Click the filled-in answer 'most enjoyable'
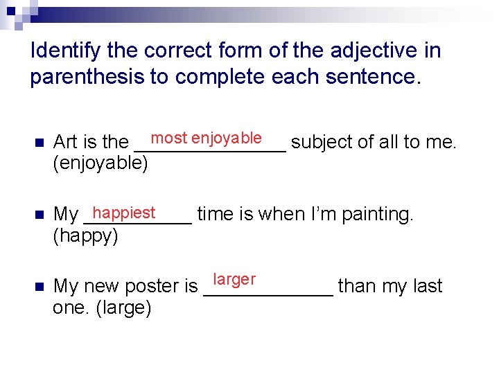pyautogui.click(x=207, y=138)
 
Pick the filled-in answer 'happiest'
pyautogui.click(x=124, y=212)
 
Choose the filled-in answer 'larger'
pyautogui.click(x=234, y=280)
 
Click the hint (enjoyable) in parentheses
pyautogui.click(x=100, y=163)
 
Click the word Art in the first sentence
pyautogui.click(x=65, y=142)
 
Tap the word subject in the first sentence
pyautogui.click(x=322, y=142)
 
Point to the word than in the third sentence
pyautogui.click(x=359, y=286)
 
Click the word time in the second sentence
pyautogui.click(x=216, y=215)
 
